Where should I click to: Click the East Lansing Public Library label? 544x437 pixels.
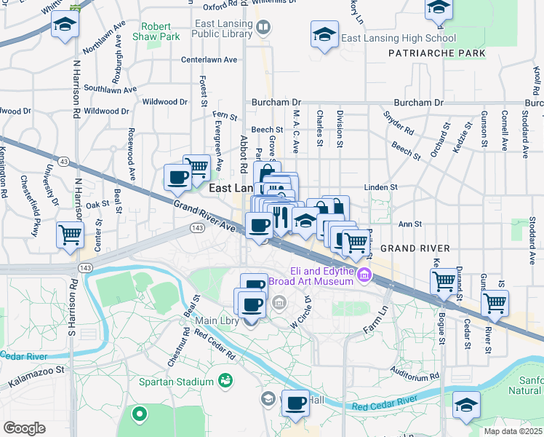coord(223,28)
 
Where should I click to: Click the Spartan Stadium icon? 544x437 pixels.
coord(226,381)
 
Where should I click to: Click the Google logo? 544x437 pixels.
coord(24,428)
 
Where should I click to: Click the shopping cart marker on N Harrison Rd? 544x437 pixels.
coord(70,235)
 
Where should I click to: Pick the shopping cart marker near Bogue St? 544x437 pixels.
coord(443,280)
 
